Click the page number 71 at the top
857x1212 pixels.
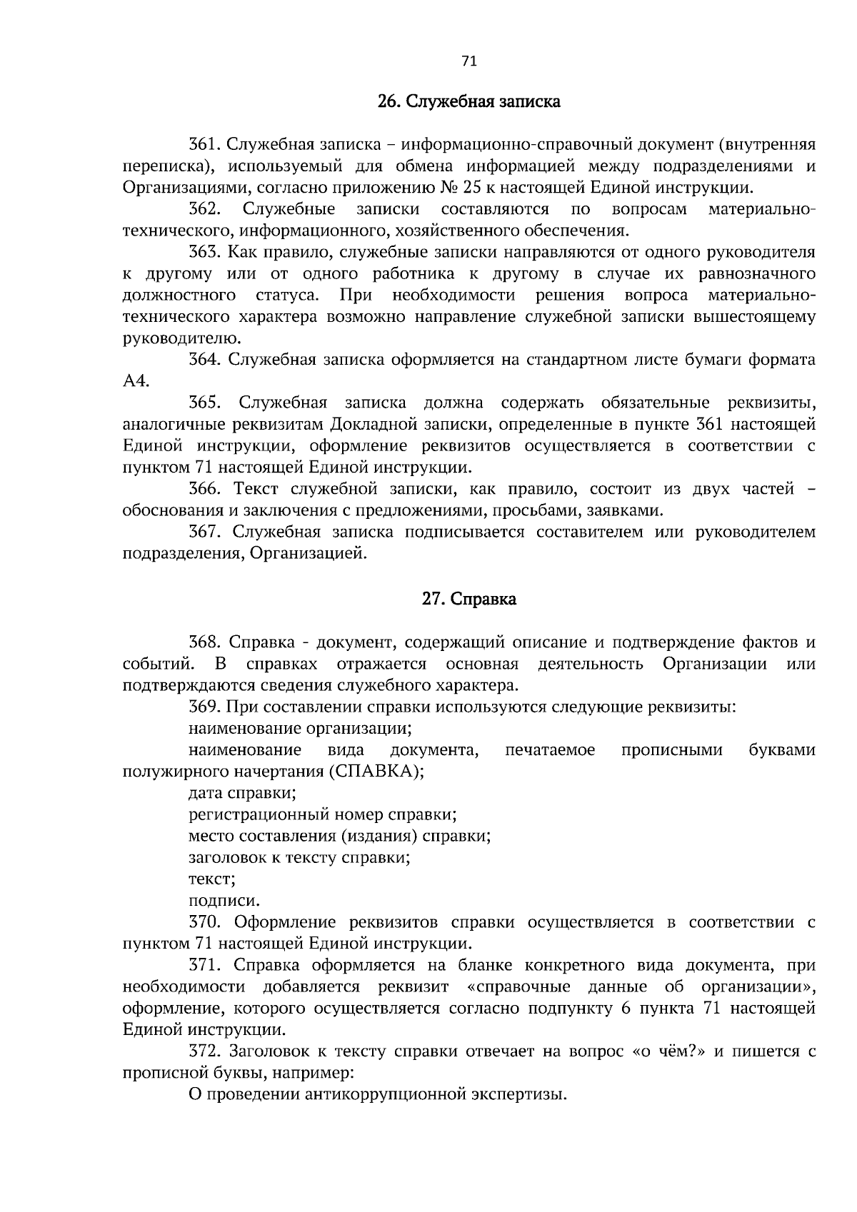468,61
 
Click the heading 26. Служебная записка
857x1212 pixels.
468,102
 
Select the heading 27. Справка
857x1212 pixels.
468,599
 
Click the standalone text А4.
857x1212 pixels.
136,381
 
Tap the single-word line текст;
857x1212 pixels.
212,879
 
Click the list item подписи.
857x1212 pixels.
224,901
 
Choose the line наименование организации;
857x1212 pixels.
299,729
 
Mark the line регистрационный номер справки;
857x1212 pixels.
322,814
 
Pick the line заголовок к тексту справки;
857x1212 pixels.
299,858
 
